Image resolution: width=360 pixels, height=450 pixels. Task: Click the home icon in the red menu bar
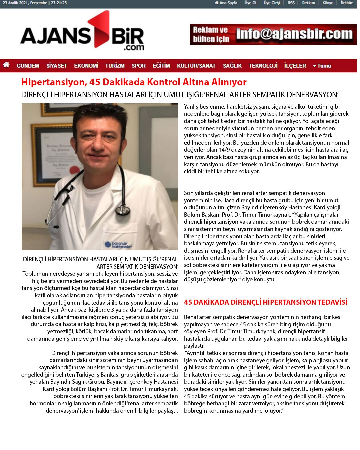click(x=6, y=65)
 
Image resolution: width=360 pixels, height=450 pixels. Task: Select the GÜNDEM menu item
click(x=28, y=66)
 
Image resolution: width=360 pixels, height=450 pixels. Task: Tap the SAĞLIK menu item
click(x=232, y=66)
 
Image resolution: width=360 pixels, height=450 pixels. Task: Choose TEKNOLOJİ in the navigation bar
click(x=263, y=66)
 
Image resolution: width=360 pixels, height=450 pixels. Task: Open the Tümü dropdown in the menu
click(x=322, y=66)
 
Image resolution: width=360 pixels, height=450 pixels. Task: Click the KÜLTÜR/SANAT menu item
click(x=196, y=66)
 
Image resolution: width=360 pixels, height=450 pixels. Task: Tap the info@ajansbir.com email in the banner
click(x=294, y=34)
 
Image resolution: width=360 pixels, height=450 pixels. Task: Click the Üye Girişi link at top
click(x=272, y=3)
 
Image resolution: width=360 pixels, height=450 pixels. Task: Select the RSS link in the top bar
click(x=291, y=3)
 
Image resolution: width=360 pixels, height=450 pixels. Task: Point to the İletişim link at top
click(x=347, y=3)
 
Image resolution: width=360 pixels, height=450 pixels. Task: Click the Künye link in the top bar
click(x=328, y=3)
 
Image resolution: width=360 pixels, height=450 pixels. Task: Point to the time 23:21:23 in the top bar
click(x=59, y=3)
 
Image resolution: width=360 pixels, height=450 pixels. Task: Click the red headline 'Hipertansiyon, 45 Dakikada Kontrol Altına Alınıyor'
click(x=134, y=82)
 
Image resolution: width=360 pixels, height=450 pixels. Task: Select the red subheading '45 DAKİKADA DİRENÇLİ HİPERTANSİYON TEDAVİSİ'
click(x=265, y=302)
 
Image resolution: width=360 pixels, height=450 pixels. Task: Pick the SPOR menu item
click(x=138, y=66)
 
